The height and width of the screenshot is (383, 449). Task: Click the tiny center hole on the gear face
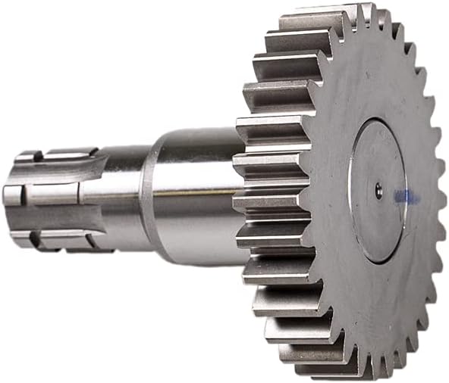(x=378, y=191)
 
